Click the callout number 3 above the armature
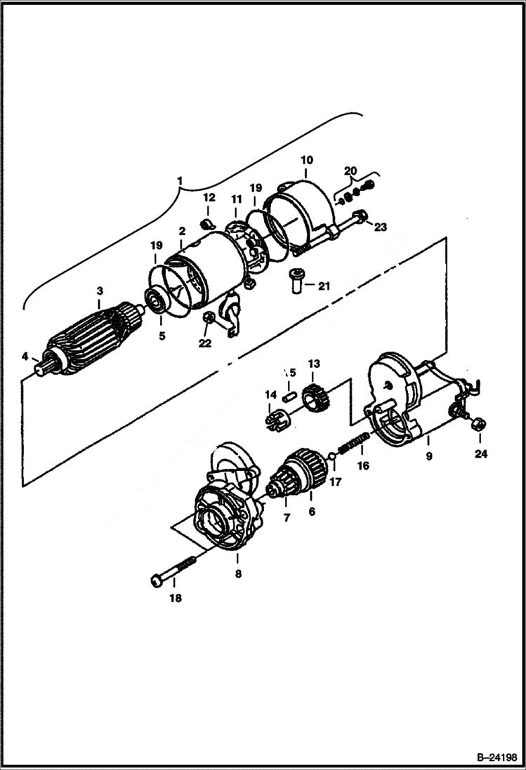coord(99,290)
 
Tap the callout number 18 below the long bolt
coord(175,598)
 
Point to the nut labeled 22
coord(208,319)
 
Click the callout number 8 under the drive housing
coord(237,574)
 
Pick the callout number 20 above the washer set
coord(350,171)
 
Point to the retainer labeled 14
coord(274,420)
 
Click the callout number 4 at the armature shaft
coord(25,357)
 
